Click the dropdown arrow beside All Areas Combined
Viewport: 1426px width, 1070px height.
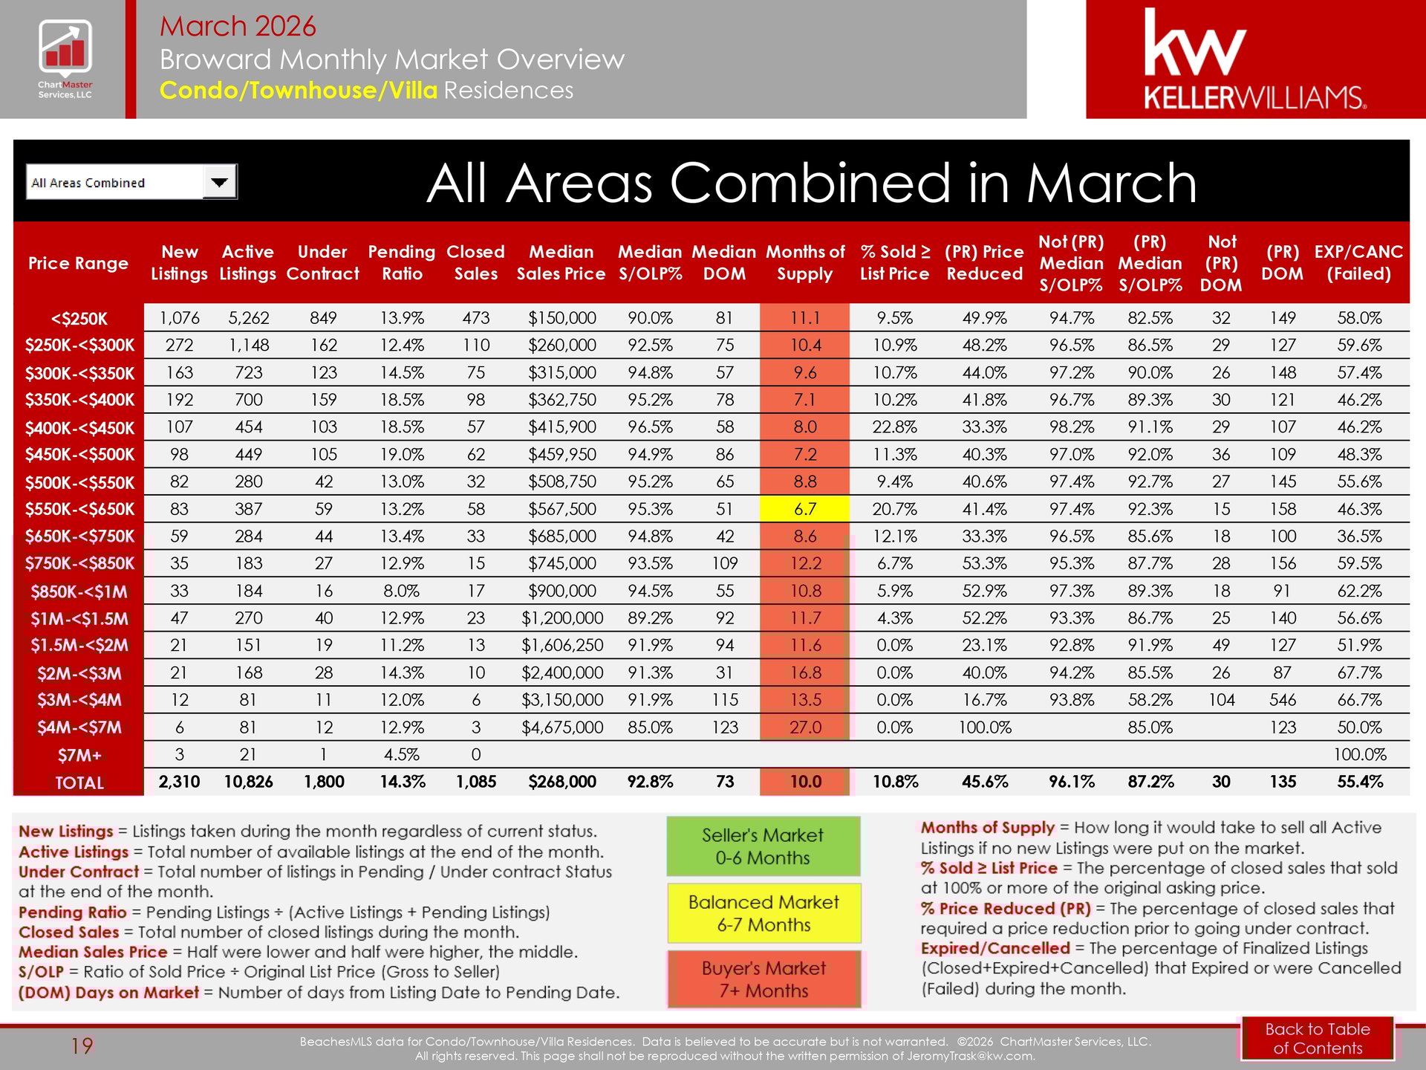pyautogui.click(x=220, y=182)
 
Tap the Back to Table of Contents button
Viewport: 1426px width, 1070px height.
pyautogui.click(x=1317, y=1038)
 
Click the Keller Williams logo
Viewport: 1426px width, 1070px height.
pyautogui.click(x=1254, y=59)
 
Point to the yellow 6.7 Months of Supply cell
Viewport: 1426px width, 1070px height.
pyautogui.click(x=804, y=509)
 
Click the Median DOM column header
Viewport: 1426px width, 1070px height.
pyautogui.click(x=723, y=263)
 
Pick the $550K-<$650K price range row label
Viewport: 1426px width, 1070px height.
pyautogui.click(x=79, y=510)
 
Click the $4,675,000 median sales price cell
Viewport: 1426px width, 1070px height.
pyautogui.click(x=561, y=727)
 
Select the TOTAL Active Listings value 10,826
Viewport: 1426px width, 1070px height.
pyautogui.click(x=248, y=782)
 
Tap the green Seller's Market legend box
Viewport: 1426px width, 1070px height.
pyautogui.click(x=763, y=846)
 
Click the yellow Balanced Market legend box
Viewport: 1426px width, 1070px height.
pyautogui.click(x=764, y=913)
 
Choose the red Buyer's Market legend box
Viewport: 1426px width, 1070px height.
pyautogui.click(x=764, y=979)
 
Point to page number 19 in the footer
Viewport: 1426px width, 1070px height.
pyautogui.click(x=82, y=1046)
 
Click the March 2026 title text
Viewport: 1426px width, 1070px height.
pyautogui.click(x=238, y=26)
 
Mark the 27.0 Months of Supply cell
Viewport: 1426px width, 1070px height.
pyautogui.click(x=804, y=727)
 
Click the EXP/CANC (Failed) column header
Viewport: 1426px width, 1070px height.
pyautogui.click(x=1358, y=263)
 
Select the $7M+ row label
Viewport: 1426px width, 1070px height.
pyautogui.click(x=79, y=756)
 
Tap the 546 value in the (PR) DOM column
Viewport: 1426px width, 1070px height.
pyautogui.click(x=1282, y=700)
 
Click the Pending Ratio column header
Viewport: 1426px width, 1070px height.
pyautogui.click(x=401, y=263)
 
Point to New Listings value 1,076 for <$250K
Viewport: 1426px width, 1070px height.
pyautogui.click(x=179, y=318)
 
